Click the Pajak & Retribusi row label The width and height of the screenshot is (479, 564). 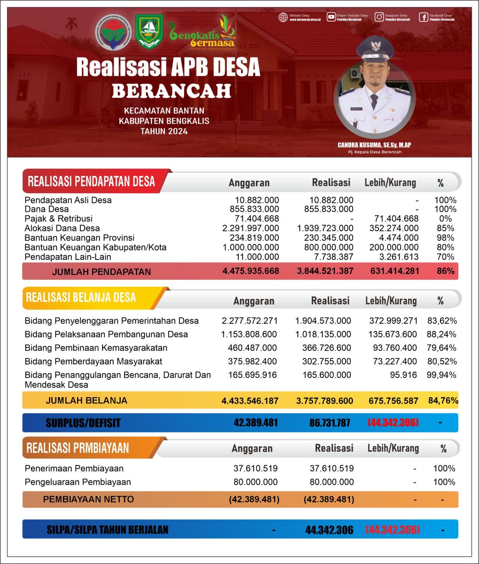click(x=59, y=219)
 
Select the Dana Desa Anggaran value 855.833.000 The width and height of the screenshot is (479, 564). click(x=254, y=209)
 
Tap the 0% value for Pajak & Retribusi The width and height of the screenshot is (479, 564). click(x=445, y=219)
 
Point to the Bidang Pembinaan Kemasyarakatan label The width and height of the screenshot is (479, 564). click(x=96, y=348)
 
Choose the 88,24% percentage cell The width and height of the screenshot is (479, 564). click(x=441, y=334)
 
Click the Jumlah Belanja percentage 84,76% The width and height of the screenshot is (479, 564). click(x=443, y=401)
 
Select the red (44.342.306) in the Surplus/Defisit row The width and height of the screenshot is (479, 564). click(x=393, y=423)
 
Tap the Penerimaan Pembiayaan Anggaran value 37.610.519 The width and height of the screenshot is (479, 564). click(x=255, y=468)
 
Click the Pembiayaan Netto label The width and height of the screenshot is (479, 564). click(x=88, y=499)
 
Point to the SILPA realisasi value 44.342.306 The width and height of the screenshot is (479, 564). click(x=329, y=530)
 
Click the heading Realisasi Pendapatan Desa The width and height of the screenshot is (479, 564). click(x=91, y=181)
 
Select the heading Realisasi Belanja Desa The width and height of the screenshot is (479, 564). click(x=81, y=298)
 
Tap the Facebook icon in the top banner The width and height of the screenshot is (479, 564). click(x=423, y=17)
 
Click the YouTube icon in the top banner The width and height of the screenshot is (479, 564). click(x=331, y=17)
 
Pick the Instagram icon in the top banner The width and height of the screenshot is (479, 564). click(x=379, y=17)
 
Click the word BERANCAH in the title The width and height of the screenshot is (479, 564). click(x=171, y=91)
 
